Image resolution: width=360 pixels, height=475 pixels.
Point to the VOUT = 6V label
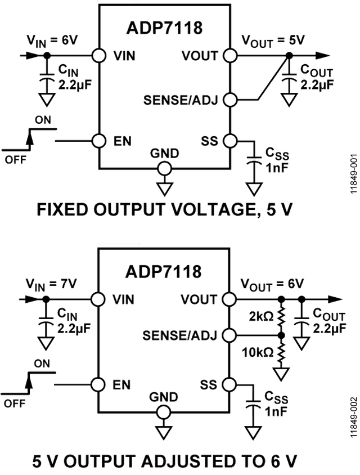point(272,283)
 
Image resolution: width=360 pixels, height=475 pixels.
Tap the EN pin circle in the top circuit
point(99,141)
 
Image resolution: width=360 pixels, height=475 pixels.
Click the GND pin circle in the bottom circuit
point(164,412)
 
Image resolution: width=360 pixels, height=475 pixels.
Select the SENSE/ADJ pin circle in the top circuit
point(229,100)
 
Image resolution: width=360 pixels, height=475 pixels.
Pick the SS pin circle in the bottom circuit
point(229,384)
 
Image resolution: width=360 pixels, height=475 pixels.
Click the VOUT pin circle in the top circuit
point(229,56)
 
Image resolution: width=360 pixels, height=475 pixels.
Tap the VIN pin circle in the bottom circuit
point(99,299)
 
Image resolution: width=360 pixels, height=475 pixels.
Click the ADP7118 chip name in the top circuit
point(164,28)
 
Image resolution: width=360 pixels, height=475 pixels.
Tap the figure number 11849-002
point(353,418)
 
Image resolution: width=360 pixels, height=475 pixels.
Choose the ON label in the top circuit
point(42,119)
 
